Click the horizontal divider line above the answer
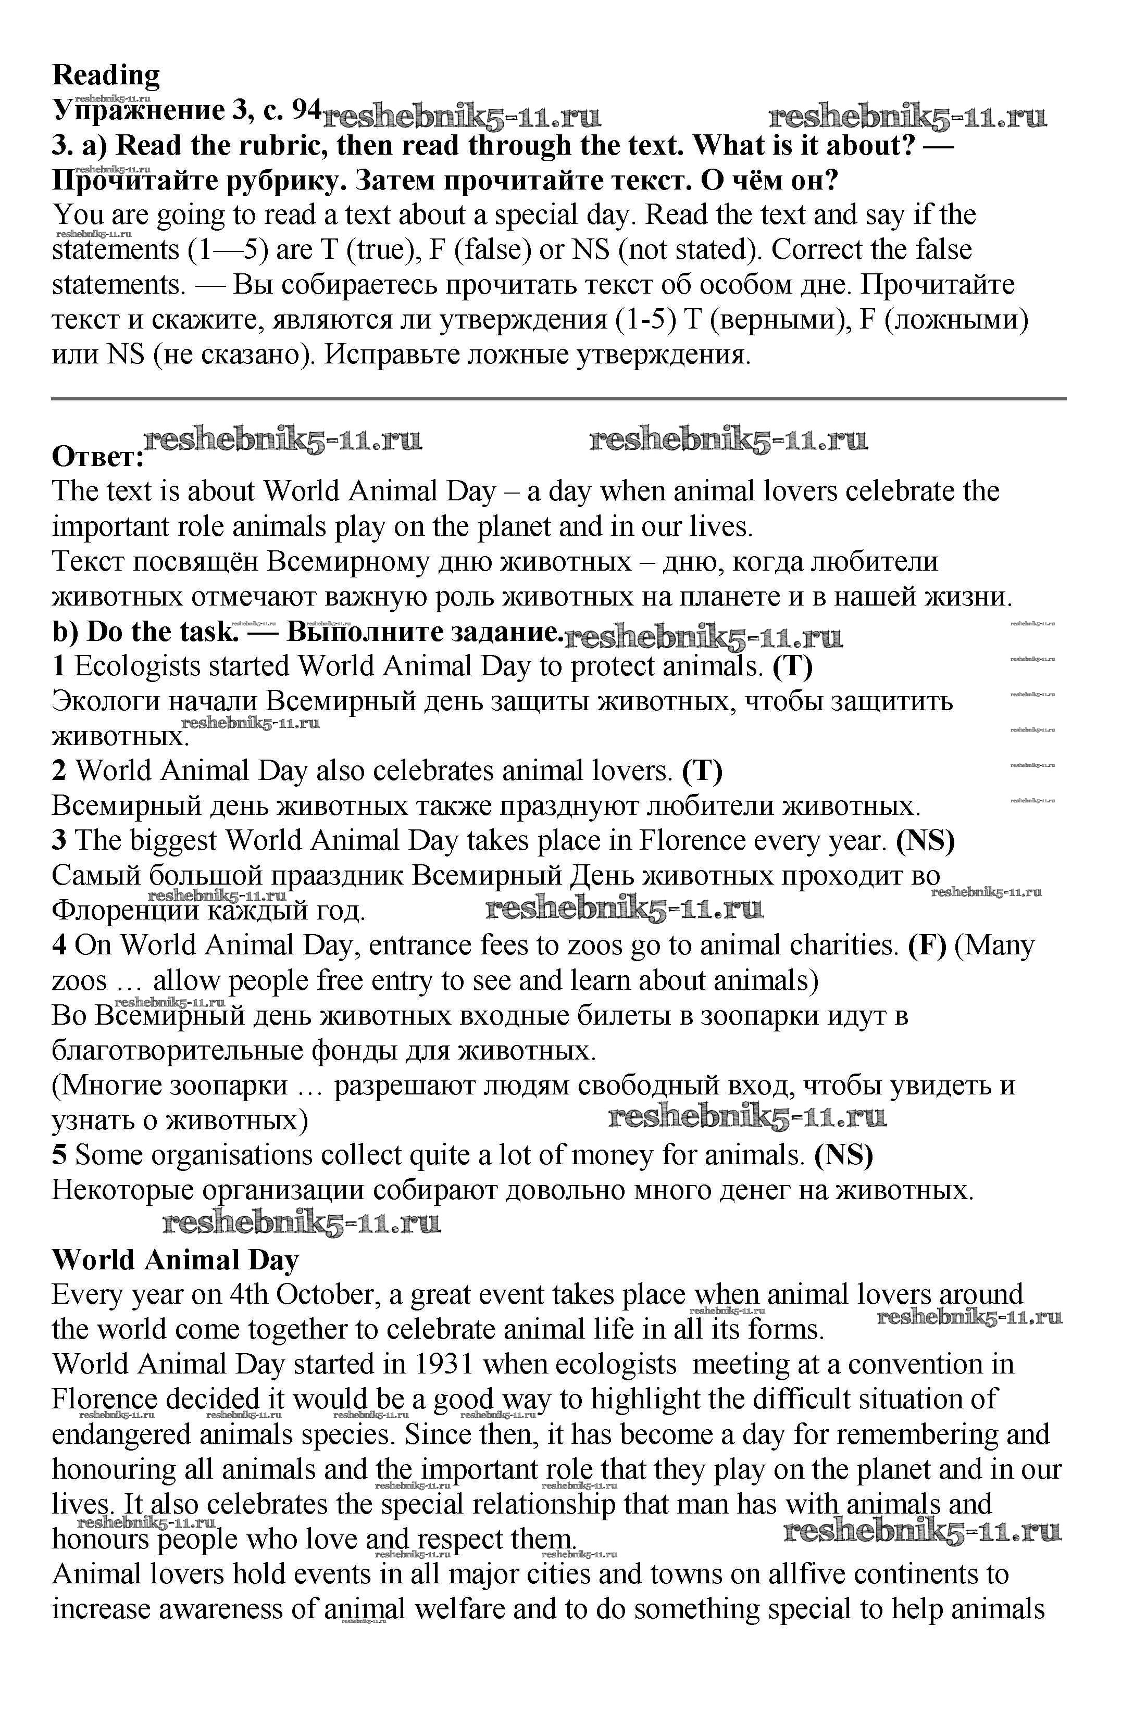[x=558, y=398]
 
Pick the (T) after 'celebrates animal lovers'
[x=702, y=771]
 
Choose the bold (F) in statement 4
[x=927, y=945]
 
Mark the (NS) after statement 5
[x=844, y=1155]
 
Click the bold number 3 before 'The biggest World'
[x=59, y=841]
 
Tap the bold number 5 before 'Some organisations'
[x=59, y=1155]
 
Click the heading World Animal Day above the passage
[x=175, y=1260]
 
